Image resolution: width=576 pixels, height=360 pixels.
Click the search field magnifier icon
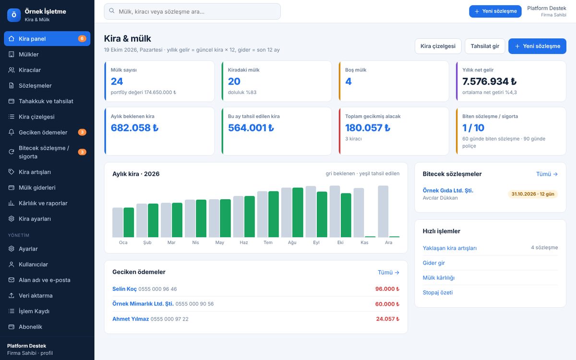pyautogui.click(x=111, y=11)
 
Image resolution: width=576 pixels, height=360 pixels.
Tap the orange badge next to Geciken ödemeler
pyautogui.click(x=82, y=132)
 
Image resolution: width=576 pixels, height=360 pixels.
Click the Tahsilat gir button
pyautogui.click(x=485, y=46)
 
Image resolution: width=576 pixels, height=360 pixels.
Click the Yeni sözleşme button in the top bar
pyautogui.click(x=495, y=12)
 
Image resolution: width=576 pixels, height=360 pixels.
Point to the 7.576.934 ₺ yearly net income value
pyautogui.click(x=489, y=81)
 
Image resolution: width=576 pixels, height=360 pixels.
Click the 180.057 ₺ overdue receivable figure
pyautogui.click(x=368, y=128)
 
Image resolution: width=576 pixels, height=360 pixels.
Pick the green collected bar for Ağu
pyautogui.click(x=298, y=212)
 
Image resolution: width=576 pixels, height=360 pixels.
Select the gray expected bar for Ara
pyautogui.click(x=383, y=211)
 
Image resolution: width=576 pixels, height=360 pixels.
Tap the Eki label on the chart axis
pyautogui.click(x=340, y=242)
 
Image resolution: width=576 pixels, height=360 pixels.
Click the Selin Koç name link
pyautogui.click(x=124, y=289)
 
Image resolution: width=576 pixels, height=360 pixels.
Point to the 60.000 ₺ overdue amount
pyautogui.click(x=387, y=304)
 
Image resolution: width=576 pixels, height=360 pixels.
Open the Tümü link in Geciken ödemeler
pyautogui.click(x=388, y=272)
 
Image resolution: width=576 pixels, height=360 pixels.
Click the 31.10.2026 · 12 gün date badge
pyautogui.click(x=533, y=194)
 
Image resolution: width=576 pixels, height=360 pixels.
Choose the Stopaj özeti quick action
pyautogui.click(x=438, y=292)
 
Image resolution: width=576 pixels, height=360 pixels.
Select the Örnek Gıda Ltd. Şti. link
pyautogui.click(x=448, y=190)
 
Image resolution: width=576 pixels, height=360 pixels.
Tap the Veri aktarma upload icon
pyautogui.click(x=12, y=296)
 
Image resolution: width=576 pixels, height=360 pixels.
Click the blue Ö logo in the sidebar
pyautogui.click(x=14, y=15)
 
